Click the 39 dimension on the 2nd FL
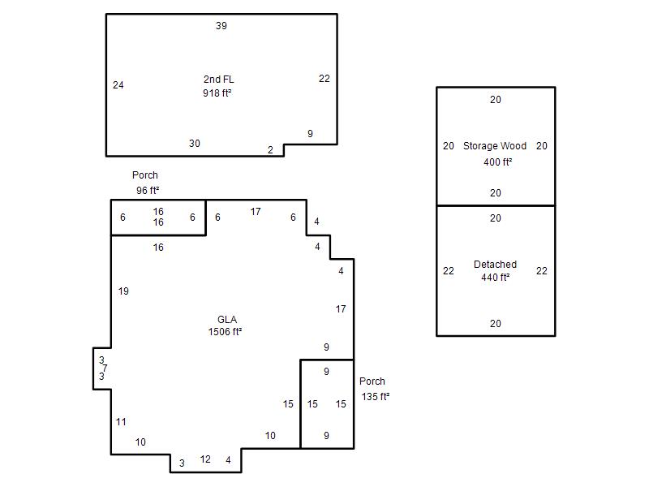(x=221, y=26)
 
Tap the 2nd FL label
(x=218, y=79)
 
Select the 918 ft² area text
(x=217, y=93)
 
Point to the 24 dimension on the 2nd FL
(x=118, y=85)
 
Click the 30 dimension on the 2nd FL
(x=195, y=144)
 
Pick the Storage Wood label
(x=495, y=146)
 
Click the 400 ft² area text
(x=497, y=162)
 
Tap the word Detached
(x=495, y=265)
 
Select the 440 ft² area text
(x=495, y=277)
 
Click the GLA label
(x=227, y=319)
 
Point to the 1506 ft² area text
(x=225, y=332)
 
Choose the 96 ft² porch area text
(x=148, y=191)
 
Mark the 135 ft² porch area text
(x=376, y=396)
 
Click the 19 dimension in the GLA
(x=123, y=291)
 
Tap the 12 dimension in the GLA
(x=205, y=459)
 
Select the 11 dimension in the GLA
(x=121, y=421)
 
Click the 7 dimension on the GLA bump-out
(x=105, y=368)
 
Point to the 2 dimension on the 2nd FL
(x=270, y=150)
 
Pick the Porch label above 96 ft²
(x=145, y=175)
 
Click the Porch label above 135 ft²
(x=372, y=381)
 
